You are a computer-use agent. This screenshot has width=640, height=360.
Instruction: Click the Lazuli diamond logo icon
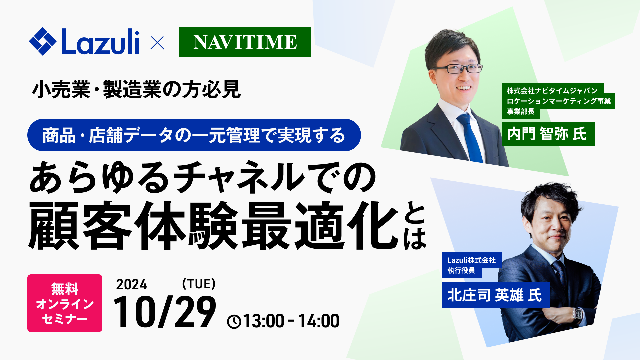click(42, 41)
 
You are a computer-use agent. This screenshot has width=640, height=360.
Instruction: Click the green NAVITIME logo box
click(245, 42)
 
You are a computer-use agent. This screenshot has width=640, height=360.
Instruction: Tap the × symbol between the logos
click(157, 43)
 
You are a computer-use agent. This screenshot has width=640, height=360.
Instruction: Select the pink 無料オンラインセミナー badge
click(65, 303)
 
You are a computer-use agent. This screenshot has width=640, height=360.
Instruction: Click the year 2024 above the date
click(131, 285)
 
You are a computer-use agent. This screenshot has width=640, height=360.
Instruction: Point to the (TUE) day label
click(199, 284)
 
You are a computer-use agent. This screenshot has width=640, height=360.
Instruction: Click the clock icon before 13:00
click(234, 322)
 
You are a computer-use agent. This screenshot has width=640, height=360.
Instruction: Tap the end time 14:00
click(319, 321)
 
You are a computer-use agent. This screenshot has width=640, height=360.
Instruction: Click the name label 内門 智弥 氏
click(548, 134)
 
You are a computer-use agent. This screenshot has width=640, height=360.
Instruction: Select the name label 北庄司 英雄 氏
click(495, 295)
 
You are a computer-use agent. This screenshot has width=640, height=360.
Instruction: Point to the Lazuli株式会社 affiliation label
click(471, 260)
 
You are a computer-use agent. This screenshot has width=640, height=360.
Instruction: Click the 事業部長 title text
click(520, 112)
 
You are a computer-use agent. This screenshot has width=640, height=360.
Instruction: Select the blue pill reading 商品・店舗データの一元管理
click(194, 135)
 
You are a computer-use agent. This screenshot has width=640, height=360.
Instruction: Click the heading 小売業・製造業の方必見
click(136, 89)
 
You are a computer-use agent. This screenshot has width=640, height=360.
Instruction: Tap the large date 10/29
click(165, 312)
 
